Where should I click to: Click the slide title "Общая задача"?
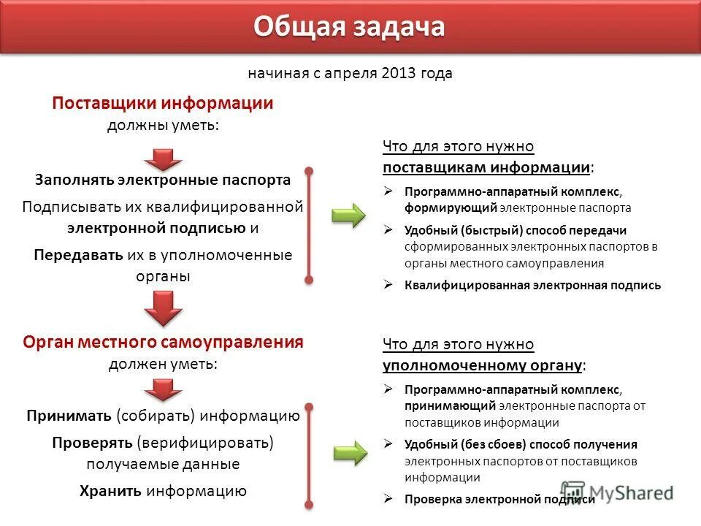pos(349,26)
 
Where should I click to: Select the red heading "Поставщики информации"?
pos(162,104)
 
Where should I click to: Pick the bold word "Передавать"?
pos(78,255)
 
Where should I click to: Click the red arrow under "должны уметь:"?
pos(162,159)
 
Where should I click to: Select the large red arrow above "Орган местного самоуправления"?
pos(162,308)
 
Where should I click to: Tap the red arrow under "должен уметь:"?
pos(162,390)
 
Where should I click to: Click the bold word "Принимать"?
pos(69,416)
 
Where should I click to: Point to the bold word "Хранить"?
pos(110,491)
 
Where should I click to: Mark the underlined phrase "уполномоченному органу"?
pos(482,364)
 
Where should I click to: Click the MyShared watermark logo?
pos(617,492)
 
